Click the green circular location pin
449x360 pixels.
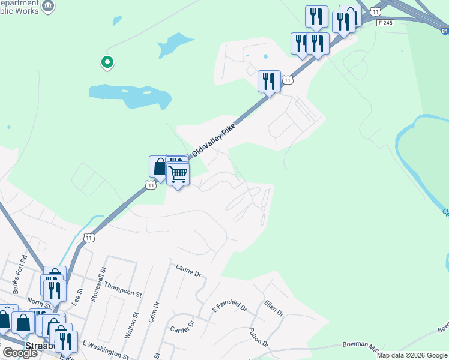107,62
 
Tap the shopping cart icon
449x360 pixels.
178,175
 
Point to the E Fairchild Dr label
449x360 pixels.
229,308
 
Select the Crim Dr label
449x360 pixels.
154,313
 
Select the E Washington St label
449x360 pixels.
105,349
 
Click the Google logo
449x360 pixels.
20,353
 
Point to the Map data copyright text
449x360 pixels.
411,355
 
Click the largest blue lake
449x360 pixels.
129,94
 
